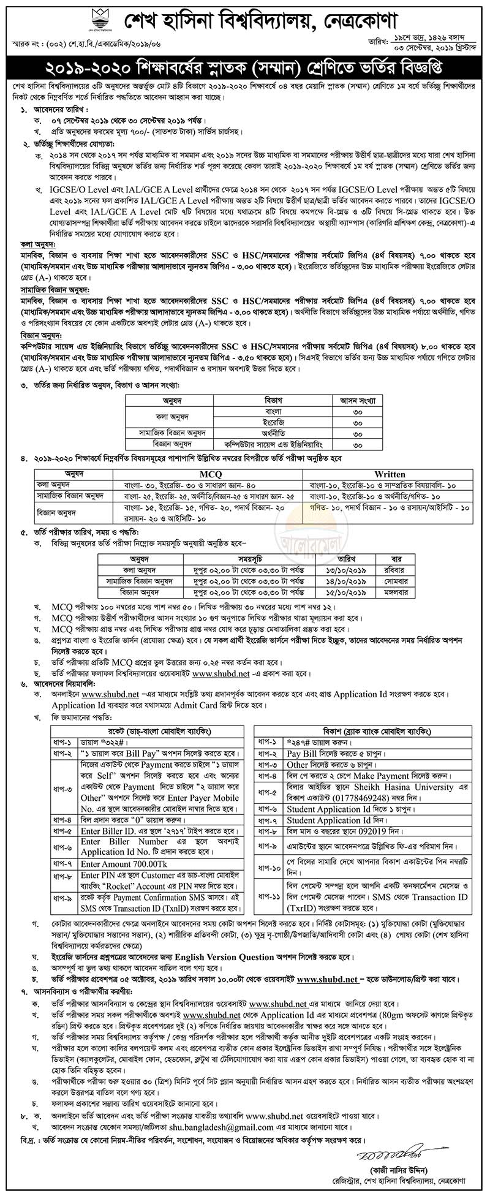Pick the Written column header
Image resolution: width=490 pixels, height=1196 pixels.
tap(390, 474)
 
